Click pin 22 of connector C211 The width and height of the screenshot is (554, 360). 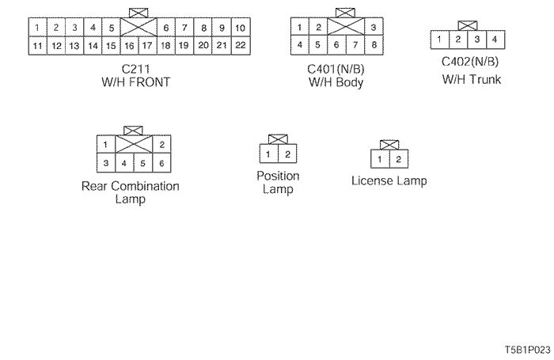241,46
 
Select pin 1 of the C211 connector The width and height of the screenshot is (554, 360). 36,28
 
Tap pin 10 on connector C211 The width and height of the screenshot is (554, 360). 241,28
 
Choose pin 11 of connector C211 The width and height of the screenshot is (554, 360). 36,46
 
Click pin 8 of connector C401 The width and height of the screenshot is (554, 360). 373,45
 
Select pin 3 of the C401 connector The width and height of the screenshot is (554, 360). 373,28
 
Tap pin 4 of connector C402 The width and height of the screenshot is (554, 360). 494,39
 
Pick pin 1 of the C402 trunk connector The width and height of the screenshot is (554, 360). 439,39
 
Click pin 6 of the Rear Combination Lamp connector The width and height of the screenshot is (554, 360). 161,163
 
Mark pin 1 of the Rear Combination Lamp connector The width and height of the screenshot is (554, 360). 105,145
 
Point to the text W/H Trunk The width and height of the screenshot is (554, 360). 471,79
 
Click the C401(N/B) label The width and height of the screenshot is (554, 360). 335,69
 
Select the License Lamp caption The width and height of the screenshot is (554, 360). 389,181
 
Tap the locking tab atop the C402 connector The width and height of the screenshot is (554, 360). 467,25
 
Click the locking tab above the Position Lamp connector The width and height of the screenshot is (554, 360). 277,139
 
